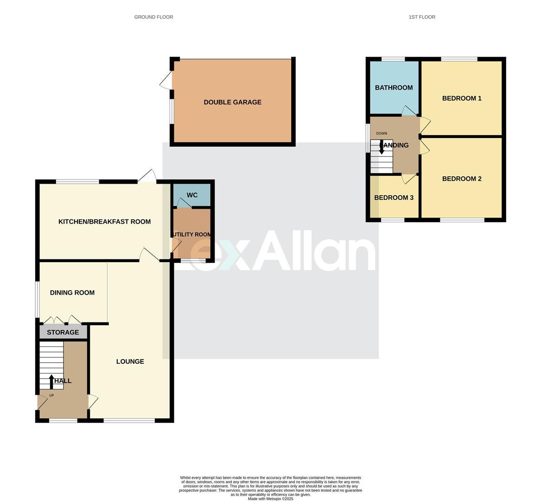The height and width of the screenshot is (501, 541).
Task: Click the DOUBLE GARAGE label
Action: [232, 102]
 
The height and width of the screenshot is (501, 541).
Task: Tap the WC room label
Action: [192, 195]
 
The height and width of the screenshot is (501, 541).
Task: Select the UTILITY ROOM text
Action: [192, 234]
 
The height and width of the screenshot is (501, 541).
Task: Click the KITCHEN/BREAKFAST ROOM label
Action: [104, 222]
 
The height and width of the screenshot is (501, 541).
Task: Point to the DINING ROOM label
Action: [72, 293]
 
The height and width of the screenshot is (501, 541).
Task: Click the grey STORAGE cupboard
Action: [63, 332]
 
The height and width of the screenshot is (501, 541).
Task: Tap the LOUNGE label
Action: [130, 361]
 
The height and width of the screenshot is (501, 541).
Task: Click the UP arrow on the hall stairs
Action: [51, 381]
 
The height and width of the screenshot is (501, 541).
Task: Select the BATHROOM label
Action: [394, 88]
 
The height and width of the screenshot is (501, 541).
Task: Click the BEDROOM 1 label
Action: [462, 98]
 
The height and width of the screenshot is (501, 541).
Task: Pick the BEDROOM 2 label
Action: [462, 179]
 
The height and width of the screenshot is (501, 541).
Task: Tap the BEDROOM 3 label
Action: [394, 198]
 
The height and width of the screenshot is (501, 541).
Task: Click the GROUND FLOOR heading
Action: [153, 17]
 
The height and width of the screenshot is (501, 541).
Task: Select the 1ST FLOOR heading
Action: [422, 17]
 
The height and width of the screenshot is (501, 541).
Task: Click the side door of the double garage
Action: [166, 82]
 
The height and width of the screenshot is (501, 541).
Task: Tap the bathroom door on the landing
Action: [408, 111]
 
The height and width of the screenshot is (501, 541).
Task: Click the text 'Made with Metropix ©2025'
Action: [271, 499]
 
